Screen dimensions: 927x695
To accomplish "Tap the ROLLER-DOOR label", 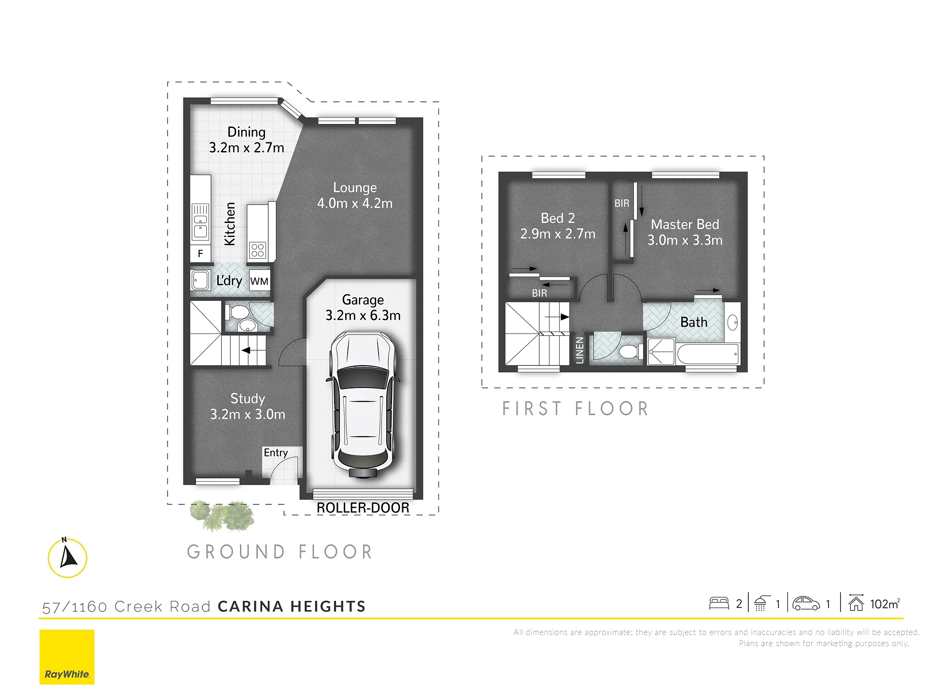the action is pos(363,508).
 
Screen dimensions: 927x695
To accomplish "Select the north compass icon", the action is pos(68,557).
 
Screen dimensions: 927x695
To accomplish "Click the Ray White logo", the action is pos(67,657).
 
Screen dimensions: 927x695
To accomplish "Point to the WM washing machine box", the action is pos(259,281).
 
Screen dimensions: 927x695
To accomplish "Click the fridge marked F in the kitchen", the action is pos(200,253).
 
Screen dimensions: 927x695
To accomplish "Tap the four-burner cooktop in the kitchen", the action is pos(258,250).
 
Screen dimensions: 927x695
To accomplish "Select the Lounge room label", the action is pos(355,195).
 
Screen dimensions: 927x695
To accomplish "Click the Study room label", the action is pos(248,406).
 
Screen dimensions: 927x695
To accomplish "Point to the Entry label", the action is pos(276,453).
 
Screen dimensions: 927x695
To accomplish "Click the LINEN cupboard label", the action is pos(580,350).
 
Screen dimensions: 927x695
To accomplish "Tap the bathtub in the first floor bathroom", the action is pos(708,354).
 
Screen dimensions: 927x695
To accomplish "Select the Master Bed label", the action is pos(685,232).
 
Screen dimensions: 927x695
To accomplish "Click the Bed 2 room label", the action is pos(558,226).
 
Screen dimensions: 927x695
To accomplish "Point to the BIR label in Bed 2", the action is pos(539,293).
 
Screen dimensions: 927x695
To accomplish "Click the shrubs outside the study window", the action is pos(223,515).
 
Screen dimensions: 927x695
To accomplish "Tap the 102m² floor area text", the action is pos(885,604).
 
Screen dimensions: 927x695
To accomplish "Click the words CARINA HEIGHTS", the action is pos(292,606).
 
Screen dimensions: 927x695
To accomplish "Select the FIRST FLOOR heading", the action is pos(575,409).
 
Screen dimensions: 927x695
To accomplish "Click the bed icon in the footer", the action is pos(719,603).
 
